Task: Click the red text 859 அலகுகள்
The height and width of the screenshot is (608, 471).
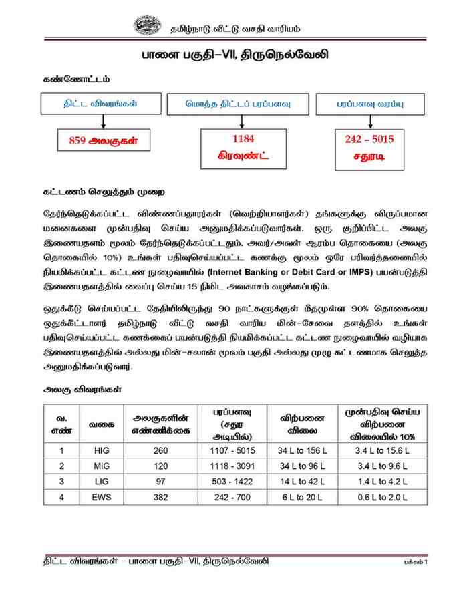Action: point(104,140)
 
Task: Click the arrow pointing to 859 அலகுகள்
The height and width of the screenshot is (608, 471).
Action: point(104,121)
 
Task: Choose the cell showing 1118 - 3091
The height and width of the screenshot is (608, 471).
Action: point(232,466)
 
